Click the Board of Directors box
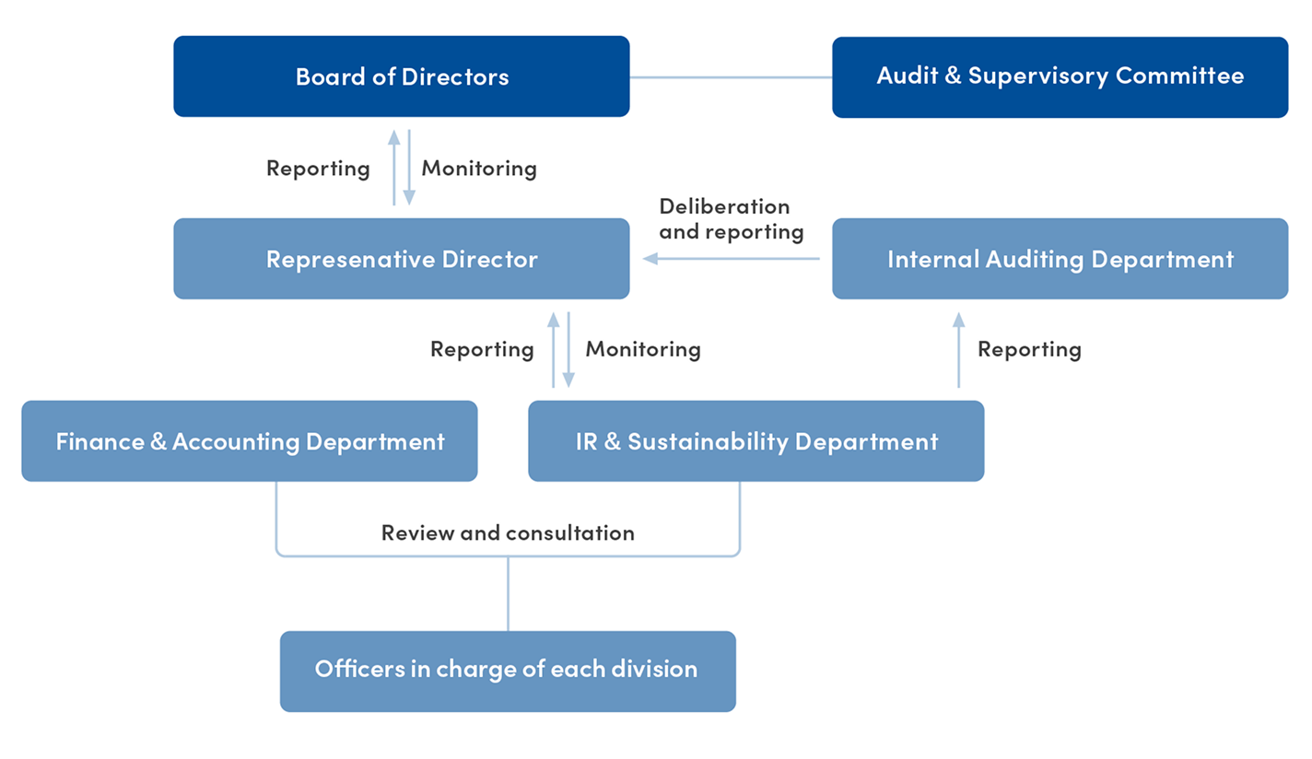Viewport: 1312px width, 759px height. [x=402, y=76]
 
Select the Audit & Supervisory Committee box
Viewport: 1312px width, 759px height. [x=1060, y=76]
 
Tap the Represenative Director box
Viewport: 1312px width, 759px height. [x=402, y=259]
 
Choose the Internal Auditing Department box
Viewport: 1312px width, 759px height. [x=1060, y=259]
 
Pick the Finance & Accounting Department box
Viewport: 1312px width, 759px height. [x=250, y=441]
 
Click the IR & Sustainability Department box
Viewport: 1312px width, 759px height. [x=756, y=441]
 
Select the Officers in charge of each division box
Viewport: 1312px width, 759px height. [x=507, y=670]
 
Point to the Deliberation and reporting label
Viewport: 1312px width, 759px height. [x=731, y=219]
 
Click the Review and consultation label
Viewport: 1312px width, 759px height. [x=508, y=532]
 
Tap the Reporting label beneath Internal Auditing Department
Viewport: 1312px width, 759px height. [x=1029, y=349]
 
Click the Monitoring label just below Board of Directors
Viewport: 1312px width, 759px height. [x=479, y=169]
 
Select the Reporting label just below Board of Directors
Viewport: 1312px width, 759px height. [x=318, y=169]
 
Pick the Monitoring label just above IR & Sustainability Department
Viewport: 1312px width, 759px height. [x=643, y=349]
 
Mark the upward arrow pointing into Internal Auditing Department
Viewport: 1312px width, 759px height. [x=958, y=349]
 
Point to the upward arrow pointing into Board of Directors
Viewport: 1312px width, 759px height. [x=394, y=167]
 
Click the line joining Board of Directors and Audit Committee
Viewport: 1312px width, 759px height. [x=731, y=77]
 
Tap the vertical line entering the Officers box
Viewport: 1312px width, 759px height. [x=508, y=594]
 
